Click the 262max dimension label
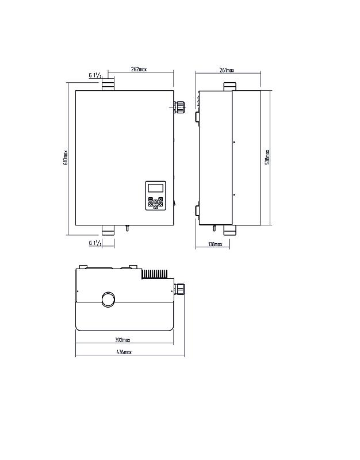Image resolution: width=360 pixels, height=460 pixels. click(139, 70)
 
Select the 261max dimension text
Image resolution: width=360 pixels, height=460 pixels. click(227, 70)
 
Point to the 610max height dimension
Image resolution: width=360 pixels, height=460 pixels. click(66, 158)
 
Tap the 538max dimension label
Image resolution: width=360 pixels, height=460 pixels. click(267, 157)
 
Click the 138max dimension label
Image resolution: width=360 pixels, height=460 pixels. click(215, 244)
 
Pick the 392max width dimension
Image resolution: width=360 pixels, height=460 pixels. click(122, 340)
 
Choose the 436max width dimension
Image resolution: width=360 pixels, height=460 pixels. click(124, 352)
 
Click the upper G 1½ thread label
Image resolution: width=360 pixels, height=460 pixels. click(95, 75)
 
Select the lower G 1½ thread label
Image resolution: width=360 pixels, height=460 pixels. click(95, 243)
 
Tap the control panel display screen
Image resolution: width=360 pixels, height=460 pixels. click(155, 187)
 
